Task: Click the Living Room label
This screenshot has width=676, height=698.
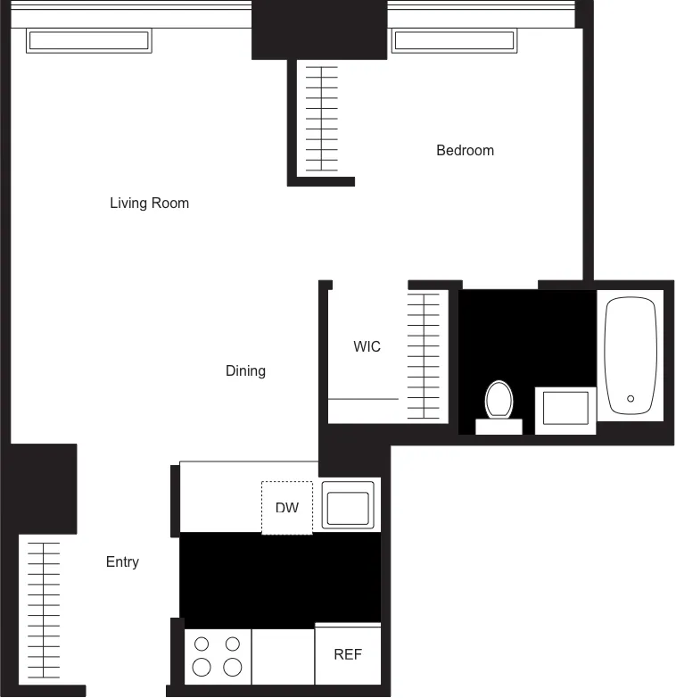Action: (x=149, y=204)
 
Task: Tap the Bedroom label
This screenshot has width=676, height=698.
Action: (x=465, y=151)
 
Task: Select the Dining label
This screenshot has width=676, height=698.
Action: (x=245, y=371)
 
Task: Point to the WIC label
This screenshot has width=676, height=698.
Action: (x=367, y=347)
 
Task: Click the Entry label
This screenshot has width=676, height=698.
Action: (x=122, y=562)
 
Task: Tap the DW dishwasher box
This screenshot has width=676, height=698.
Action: (x=286, y=508)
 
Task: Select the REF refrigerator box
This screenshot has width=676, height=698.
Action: (x=348, y=654)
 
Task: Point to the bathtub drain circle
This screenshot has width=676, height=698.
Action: (x=631, y=399)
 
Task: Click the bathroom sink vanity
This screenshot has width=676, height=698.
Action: (x=565, y=411)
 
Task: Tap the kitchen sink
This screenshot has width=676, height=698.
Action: (x=349, y=506)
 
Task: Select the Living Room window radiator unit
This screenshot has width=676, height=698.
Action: (x=88, y=41)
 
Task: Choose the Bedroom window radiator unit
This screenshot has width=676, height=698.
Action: (x=454, y=41)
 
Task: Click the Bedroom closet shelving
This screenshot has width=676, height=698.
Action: (x=321, y=118)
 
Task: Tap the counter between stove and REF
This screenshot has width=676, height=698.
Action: (x=283, y=656)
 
